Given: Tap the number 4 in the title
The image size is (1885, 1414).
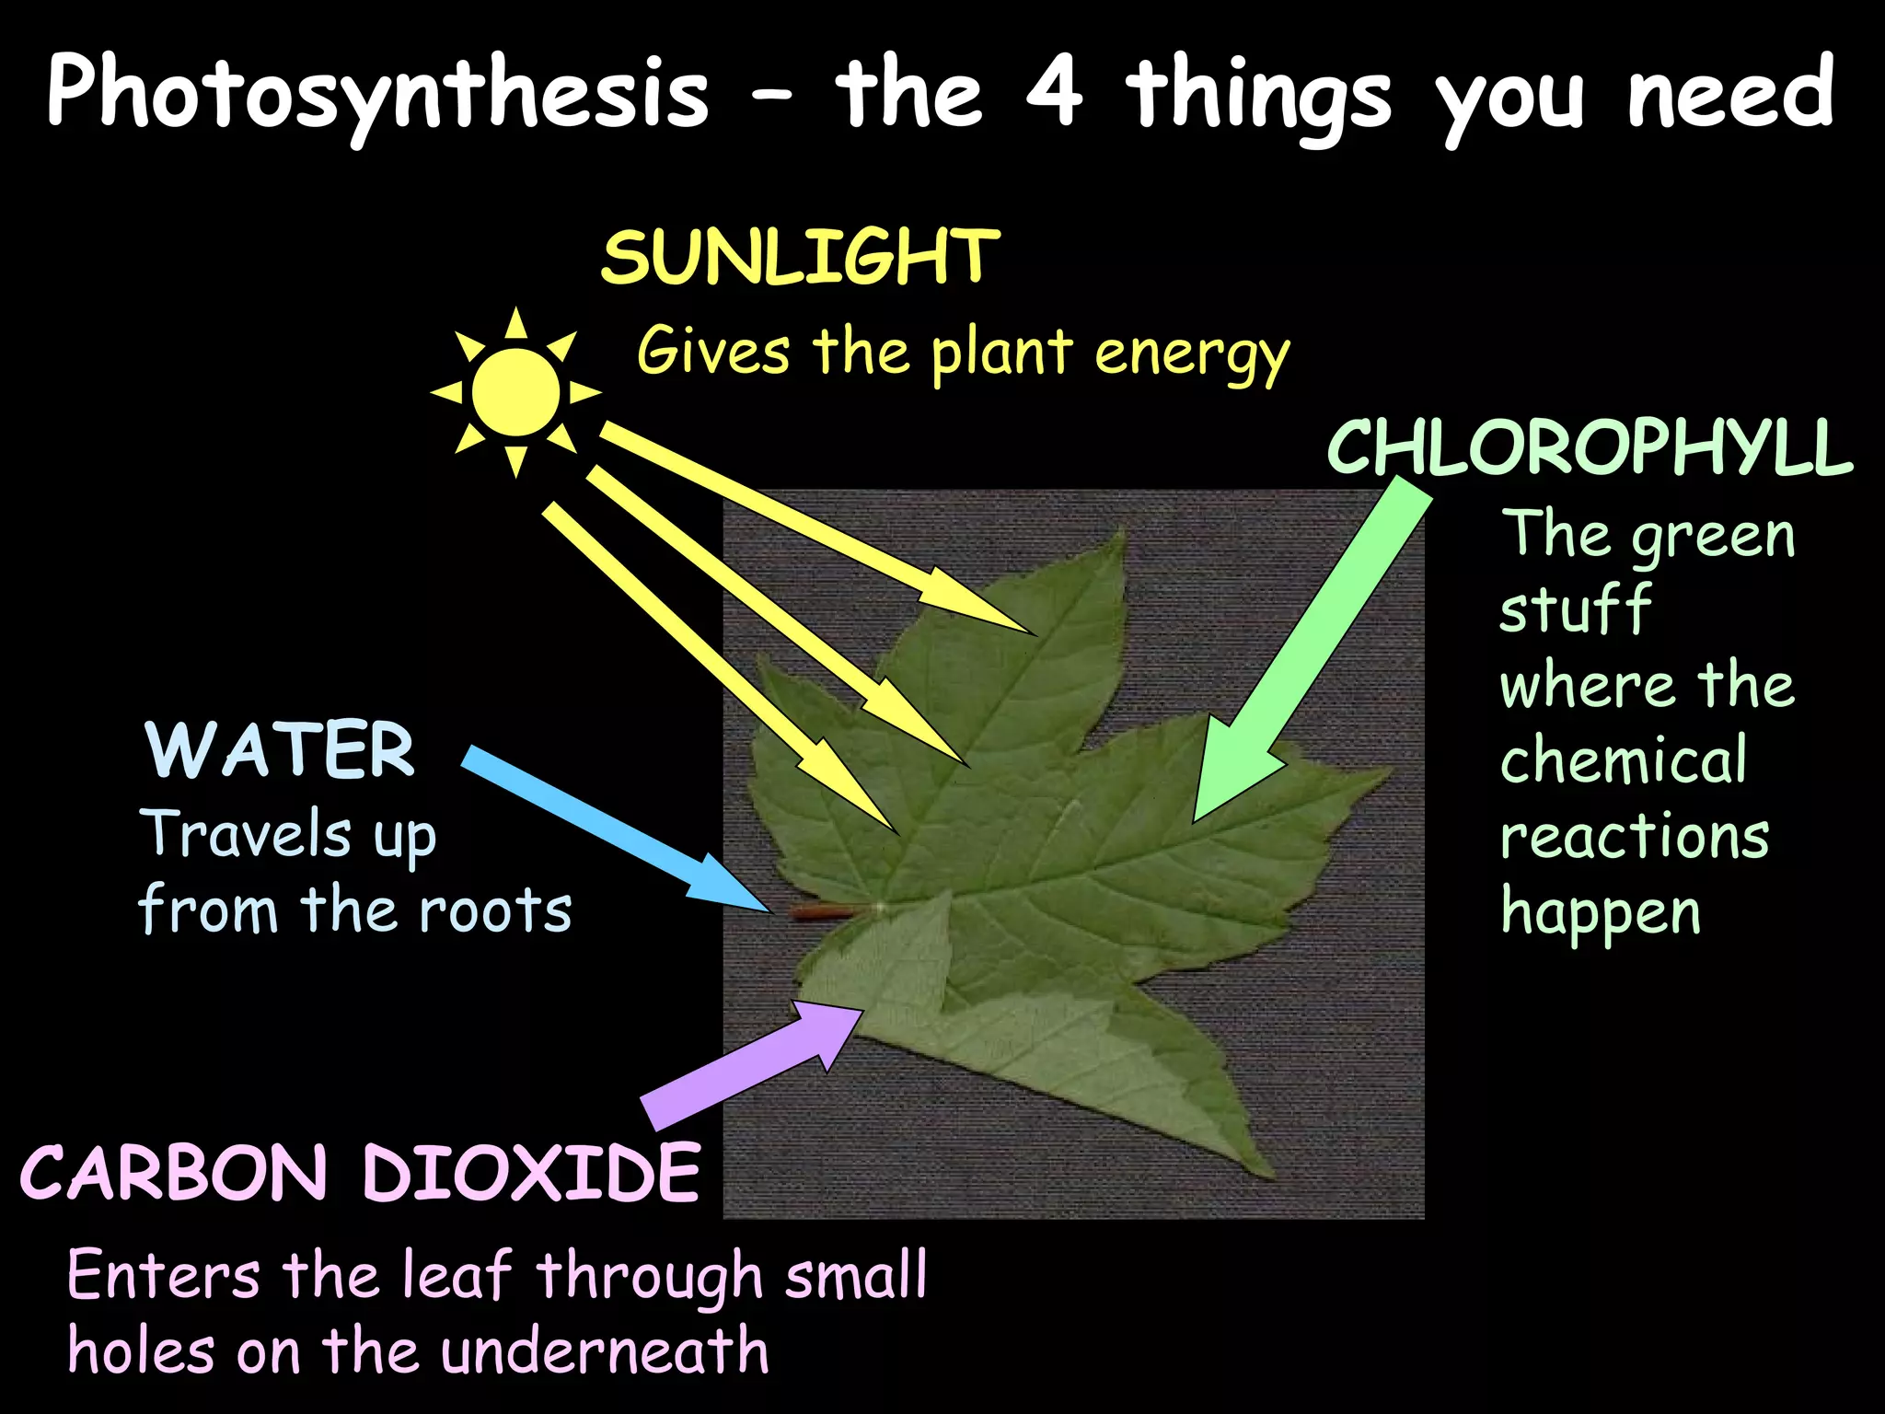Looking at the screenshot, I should (x=1053, y=92).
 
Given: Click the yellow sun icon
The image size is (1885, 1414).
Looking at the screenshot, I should (x=515, y=392).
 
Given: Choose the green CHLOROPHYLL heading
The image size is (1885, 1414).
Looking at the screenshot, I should (x=1589, y=448).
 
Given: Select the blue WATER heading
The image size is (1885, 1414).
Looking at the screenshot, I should (x=280, y=750).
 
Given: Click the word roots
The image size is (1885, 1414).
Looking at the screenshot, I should (x=495, y=911).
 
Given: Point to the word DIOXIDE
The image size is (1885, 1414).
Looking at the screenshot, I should (x=532, y=1173).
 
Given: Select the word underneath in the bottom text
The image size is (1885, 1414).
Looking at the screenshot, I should (x=604, y=1351).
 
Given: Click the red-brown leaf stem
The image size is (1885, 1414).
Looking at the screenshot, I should (x=825, y=912).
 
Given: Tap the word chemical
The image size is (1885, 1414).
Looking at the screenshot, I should (x=1624, y=760).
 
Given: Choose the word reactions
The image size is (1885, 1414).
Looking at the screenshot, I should (x=1635, y=837).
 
